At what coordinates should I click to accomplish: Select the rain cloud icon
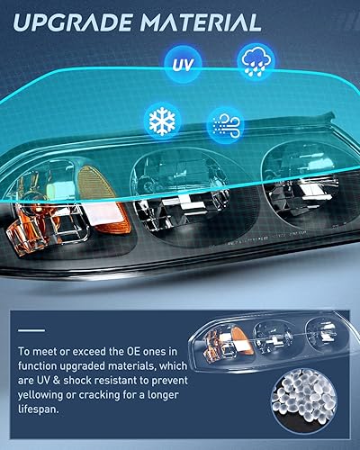(x=253, y=61)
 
